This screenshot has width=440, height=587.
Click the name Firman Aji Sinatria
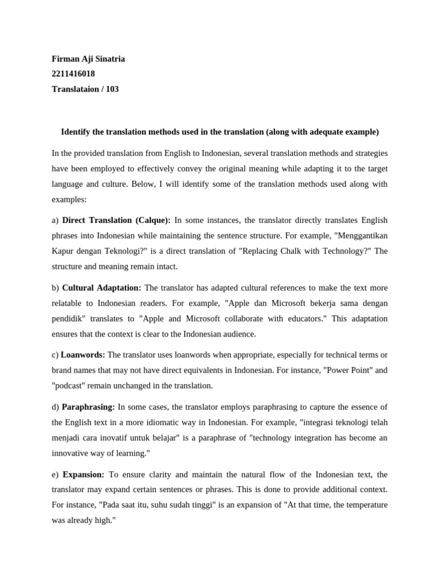pos(88,58)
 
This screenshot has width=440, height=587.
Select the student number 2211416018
pos(73,73)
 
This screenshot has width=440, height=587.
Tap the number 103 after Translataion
pos(112,89)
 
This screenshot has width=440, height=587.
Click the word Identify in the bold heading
pos(78,132)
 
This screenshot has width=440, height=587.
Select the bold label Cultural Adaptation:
pos(101,288)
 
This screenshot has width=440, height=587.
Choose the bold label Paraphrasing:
pos(88,407)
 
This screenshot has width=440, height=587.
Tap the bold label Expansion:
pos(83,475)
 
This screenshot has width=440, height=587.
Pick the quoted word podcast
pos(71,386)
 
